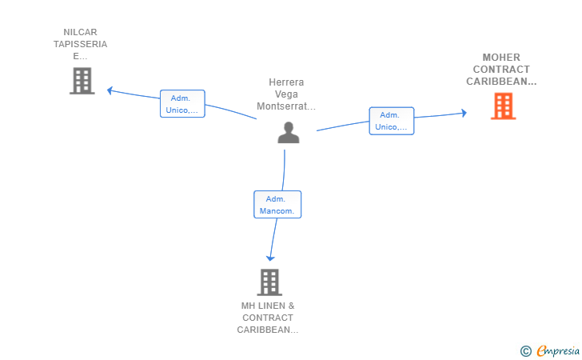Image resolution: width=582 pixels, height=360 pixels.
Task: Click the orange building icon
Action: (504, 106)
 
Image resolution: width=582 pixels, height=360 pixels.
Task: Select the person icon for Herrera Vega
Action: (289, 133)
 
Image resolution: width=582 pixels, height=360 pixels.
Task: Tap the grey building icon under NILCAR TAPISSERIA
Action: (82, 81)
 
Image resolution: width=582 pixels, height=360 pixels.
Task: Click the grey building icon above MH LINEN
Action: (269, 282)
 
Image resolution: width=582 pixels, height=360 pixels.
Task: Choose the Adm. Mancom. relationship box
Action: (277, 204)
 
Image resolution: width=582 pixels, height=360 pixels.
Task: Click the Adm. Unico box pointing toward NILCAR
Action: (182, 104)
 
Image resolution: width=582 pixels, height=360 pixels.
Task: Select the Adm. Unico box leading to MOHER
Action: (392, 121)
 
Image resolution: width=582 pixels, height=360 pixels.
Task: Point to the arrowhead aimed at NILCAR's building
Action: (110, 90)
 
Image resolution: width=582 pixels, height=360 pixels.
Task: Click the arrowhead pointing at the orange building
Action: (464, 113)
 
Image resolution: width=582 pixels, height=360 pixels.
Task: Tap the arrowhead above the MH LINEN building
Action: (270, 258)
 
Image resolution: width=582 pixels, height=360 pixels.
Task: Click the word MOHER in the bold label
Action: (501, 58)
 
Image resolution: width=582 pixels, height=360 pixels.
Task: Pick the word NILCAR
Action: (80, 32)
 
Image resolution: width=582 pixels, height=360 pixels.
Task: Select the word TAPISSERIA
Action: (80, 44)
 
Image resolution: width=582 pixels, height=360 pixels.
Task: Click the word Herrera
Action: (286, 82)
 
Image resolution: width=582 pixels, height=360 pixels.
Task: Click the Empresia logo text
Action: (558, 350)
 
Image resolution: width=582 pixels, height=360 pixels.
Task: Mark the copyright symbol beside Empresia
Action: (525, 351)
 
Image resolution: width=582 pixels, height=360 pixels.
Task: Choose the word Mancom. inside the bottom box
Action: (277, 211)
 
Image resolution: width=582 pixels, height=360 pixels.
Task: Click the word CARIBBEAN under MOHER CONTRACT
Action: (501, 82)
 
